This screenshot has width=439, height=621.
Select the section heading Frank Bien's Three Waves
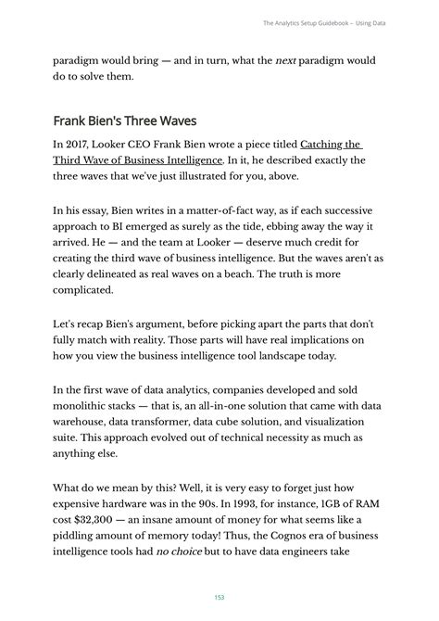click(x=123, y=120)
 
